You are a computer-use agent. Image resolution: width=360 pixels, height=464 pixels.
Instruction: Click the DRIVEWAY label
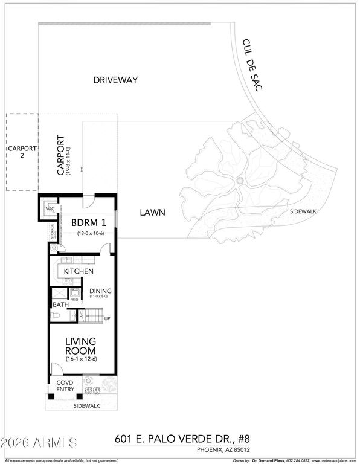pyautogui.click(x=115, y=79)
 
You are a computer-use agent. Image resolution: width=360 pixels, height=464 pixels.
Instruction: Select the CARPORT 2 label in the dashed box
pyautogui.click(x=22, y=152)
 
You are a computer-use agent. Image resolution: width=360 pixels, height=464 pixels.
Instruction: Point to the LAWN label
pyautogui.click(x=153, y=213)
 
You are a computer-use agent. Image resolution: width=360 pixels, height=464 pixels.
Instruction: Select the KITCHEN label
pyautogui.click(x=79, y=271)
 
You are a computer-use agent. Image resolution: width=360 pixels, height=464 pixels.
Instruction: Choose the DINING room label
pyautogui.click(x=101, y=290)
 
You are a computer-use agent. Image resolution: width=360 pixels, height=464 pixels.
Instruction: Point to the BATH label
pyautogui.click(x=60, y=305)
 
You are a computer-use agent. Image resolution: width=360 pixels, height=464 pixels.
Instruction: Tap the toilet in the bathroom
pyautogui.click(x=55, y=317)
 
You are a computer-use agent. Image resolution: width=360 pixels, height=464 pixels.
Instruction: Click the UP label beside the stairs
pyautogui.click(x=108, y=318)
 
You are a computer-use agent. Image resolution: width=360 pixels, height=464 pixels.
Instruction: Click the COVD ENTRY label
pyautogui.click(x=65, y=385)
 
